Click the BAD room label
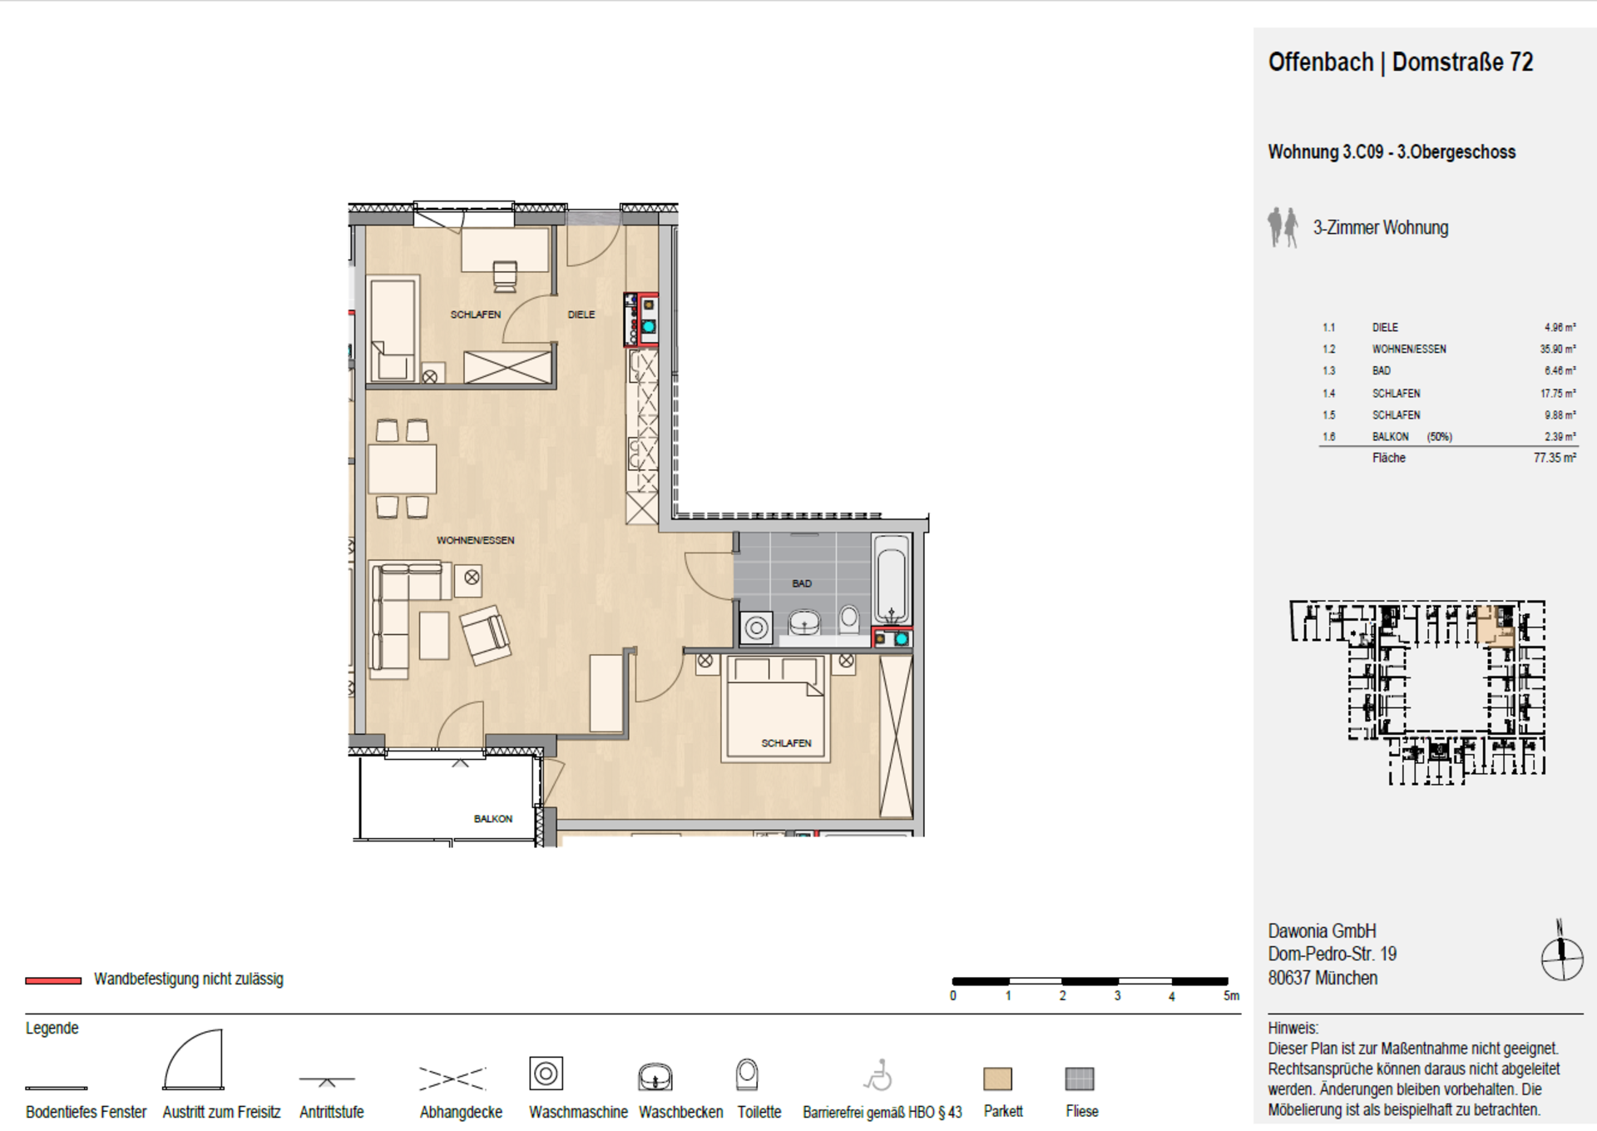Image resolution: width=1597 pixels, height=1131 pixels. click(801, 583)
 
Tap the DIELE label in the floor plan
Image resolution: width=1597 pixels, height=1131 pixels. click(581, 315)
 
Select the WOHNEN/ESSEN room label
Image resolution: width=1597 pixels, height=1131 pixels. click(475, 540)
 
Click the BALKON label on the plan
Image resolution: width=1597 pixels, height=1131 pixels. click(493, 819)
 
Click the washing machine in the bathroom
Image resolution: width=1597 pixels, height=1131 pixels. click(756, 628)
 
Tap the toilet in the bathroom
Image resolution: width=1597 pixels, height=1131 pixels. click(849, 619)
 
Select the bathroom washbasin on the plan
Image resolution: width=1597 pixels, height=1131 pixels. click(804, 623)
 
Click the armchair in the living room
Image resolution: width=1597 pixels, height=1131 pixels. click(486, 635)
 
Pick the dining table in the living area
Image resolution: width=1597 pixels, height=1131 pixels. click(403, 469)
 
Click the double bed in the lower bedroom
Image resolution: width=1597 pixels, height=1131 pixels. click(776, 708)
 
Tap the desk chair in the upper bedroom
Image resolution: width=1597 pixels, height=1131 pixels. click(505, 276)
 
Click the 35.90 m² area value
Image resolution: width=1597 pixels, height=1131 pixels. click(1557, 350)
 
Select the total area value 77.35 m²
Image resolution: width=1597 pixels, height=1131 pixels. click(1555, 458)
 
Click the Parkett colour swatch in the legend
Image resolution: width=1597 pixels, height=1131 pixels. click(997, 1079)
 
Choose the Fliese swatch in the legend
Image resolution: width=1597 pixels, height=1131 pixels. click(1080, 1079)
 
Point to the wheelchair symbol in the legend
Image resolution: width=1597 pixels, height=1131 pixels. click(878, 1075)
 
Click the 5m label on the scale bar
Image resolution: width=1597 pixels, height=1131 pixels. click(1231, 996)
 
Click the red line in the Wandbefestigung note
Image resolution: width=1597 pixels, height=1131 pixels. click(53, 980)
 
